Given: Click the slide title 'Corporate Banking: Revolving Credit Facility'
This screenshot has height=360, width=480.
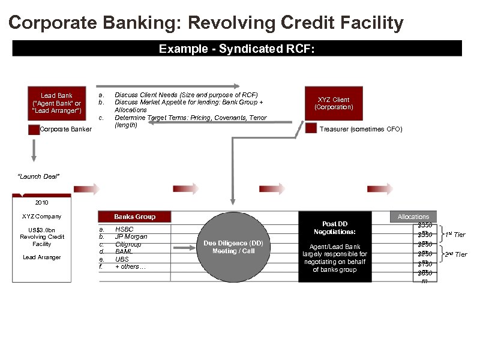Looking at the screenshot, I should pyautogui.click(x=206, y=23).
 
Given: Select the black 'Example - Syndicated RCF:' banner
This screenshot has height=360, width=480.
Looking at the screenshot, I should pyautogui.click(x=237, y=49).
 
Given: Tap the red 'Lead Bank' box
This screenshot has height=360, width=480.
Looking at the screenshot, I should pyautogui.click(x=56, y=103).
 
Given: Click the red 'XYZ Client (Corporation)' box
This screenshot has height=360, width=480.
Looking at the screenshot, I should pyautogui.click(x=334, y=103).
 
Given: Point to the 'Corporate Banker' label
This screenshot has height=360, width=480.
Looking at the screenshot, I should pyautogui.click(x=65, y=130).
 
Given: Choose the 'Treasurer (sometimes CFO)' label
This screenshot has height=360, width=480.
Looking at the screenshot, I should pyautogui.click(x=361, y=130).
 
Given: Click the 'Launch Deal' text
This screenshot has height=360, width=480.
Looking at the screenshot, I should pyautogui.click(x=39, y=176).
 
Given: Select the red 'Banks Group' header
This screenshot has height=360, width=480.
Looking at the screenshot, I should pyautogui.click(x=134, y=217).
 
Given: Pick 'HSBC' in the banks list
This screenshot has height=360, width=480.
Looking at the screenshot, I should pyautogui.click(x=124, y=229).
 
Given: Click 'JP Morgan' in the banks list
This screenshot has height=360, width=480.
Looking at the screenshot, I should pyautogui.click(x=131, y=236).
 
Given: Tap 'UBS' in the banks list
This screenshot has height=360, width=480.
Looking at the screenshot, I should pyautogui.click(x=122, y=259).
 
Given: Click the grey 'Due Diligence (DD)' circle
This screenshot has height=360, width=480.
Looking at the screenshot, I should pyautogui.click(x=233, y=247).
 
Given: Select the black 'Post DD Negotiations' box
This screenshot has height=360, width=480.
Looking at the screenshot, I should pyautogui.click(x=334, y=246).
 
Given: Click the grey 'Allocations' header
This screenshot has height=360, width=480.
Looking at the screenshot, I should pyautogui.click(x=413, y=217).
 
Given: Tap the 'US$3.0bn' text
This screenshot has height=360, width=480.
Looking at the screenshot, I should pyautogui.click(x=41, y=230).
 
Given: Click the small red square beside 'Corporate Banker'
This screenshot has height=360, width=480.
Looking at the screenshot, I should pyautogui.click(x=34, y=129).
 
